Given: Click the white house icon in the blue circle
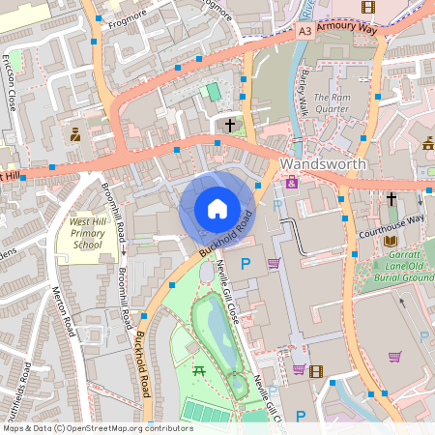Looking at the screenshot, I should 217,208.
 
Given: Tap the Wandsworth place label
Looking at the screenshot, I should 323,164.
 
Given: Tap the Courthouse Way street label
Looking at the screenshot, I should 391,220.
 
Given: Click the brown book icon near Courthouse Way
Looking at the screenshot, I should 391,241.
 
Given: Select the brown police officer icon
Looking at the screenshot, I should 75,134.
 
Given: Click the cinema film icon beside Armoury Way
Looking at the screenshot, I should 367,8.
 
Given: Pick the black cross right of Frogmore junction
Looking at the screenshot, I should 230,126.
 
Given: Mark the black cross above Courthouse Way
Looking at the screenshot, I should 391,199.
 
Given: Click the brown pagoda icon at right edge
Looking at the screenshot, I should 428,144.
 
